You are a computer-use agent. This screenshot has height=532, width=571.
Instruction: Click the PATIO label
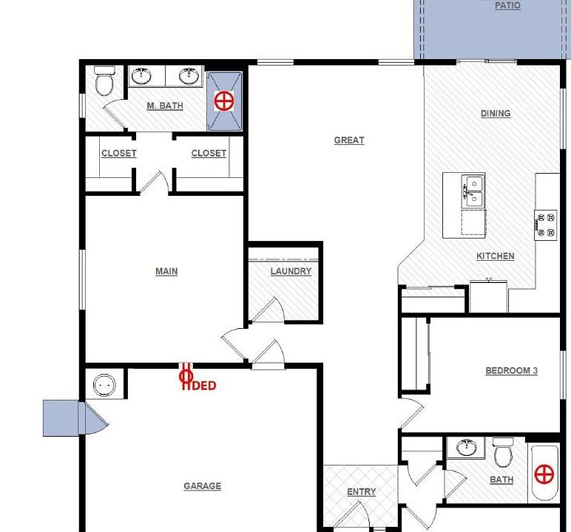(x=507, y=6)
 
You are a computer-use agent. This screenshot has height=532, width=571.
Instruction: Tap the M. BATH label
(x=165, y=106)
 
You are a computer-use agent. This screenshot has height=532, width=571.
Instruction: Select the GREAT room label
(x=349, y=140)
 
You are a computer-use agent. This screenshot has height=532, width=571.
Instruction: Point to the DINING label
(x=496, y=114)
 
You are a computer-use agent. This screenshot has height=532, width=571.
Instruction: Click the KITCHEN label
(x=496, y=256)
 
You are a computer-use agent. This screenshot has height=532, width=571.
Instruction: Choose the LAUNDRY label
(x=291, y=272)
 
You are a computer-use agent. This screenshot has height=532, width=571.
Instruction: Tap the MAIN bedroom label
(x=166, y=272)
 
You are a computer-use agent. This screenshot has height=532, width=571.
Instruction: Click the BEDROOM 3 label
(x=511, y=371)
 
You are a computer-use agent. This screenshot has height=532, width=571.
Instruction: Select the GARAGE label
(x=202, y=486)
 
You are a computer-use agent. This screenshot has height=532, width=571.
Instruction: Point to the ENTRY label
(x=362, y=492)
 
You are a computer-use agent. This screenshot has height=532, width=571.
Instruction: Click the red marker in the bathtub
(x=544, y=474)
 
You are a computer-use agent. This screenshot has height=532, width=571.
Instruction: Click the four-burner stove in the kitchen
(x=546, y=225)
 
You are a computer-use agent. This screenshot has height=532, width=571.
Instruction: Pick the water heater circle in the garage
(x=104, y=385)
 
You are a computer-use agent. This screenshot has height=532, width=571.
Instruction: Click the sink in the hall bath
(x=466, y=448)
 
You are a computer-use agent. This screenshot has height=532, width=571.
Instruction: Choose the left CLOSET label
(x=118, y=154)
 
